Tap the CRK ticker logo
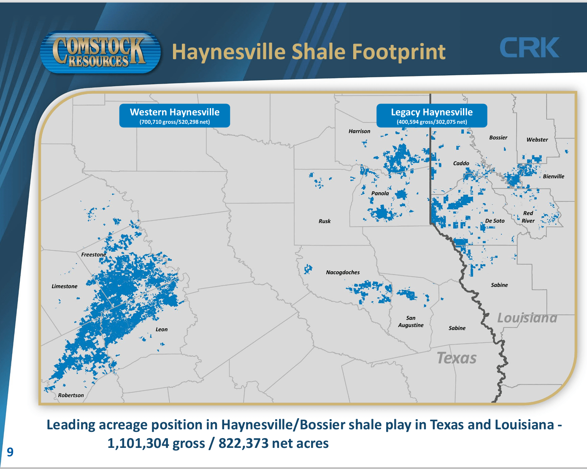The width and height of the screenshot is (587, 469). coord(530,48)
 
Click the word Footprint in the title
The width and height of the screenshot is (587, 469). coord(399,52)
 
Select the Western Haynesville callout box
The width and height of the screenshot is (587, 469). coord(174,115)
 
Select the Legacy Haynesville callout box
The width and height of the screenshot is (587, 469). coord(432,115)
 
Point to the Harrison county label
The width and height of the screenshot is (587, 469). coord(359,131)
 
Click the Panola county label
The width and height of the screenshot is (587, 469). coord(380,194)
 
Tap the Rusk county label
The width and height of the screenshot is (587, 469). coord(325,221)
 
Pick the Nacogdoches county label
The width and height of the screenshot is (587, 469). coord(343,273)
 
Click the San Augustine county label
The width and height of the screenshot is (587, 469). coord(411,322)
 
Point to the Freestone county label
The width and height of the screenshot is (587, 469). coord(94,255)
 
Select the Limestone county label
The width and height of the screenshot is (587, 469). coord(65,286)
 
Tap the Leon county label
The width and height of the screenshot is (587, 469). coord(162,330)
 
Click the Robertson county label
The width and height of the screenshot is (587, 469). coord(71,395)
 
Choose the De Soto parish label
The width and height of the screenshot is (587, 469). coord(495,221)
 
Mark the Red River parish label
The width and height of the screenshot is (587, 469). coord(528,217)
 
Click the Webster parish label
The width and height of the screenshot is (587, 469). coord(537,140)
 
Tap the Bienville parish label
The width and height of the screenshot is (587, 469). coord(553,177)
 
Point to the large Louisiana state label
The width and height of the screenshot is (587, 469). coord(527,318)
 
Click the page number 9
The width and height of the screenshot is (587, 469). coord(10,453)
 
